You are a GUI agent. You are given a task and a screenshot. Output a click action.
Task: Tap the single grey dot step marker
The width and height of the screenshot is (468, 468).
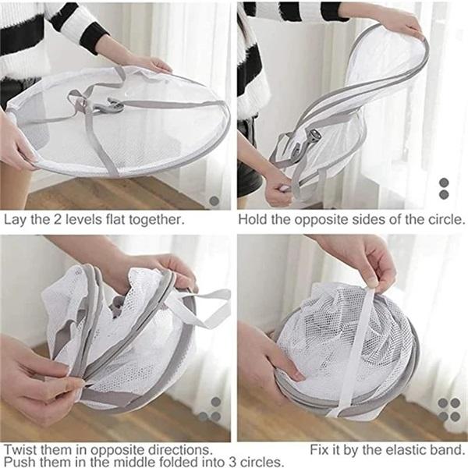[214, 200]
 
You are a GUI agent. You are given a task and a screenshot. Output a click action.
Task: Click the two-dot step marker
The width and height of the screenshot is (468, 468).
[444, 188]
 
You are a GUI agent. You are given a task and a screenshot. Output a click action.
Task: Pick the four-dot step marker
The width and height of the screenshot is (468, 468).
[448, 409]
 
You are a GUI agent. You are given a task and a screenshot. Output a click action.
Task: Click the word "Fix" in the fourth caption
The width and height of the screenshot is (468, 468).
[321, 450]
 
